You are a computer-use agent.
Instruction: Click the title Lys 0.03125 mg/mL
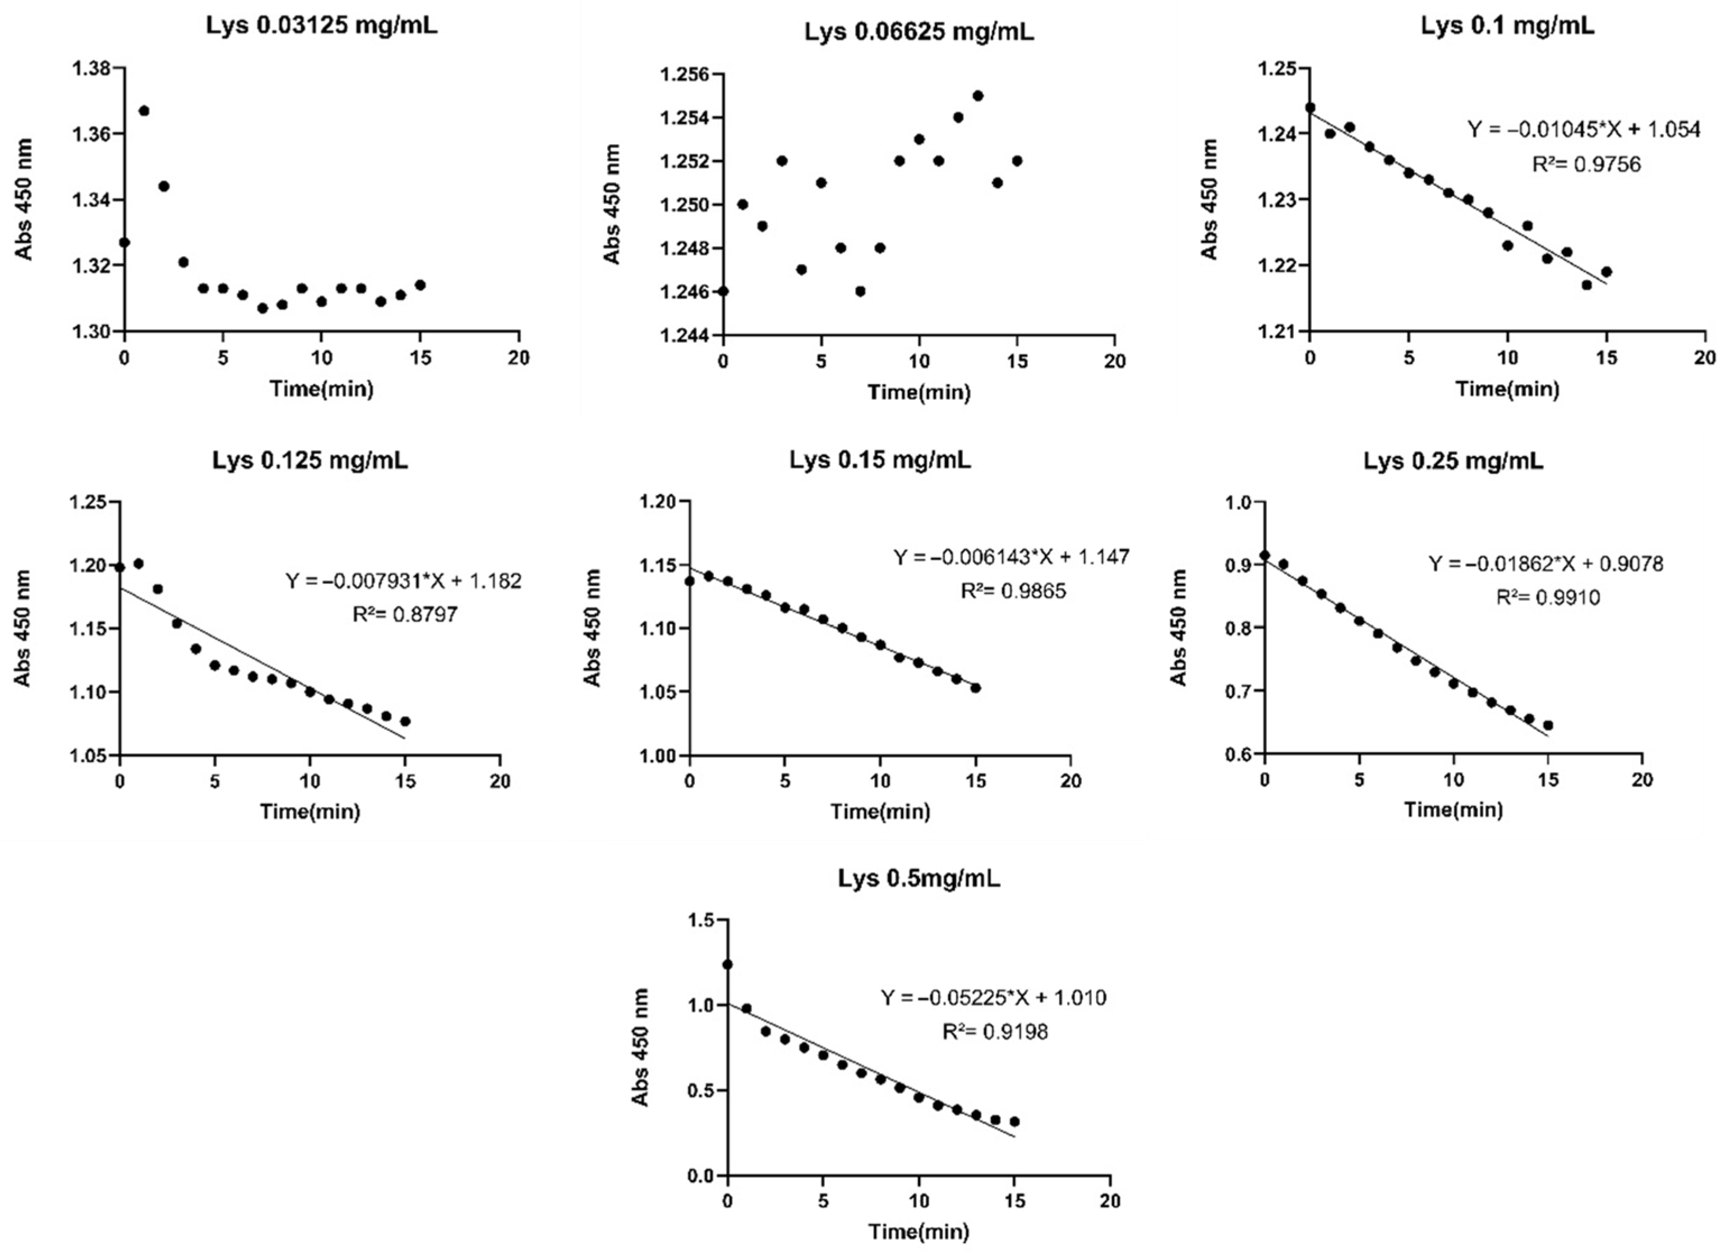pyautogui.click(x=321, y=25)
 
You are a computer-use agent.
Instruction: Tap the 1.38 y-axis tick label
pyautogui.click(x=91, y=68)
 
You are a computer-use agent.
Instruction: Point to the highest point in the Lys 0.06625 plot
pyautogui.click(x=977, y=96)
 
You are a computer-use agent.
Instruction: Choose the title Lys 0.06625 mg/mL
pyautogui.click(x=919, y=33)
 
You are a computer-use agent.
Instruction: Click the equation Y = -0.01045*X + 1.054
pyautogui.click(x=1584, y=130)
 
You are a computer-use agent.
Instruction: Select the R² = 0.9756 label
pyautogui.click(x=1586, y=164)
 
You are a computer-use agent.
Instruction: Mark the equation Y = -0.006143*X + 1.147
pyautogui.click(x=1011, y=557)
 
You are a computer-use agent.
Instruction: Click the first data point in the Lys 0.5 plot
pyautogui.click(x=728, y=965)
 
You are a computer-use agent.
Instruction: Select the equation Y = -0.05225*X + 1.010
pyautogui.click(x=994, y=998)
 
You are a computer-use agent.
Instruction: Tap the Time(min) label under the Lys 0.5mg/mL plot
pyautogui.click(x=919, y=1231)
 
